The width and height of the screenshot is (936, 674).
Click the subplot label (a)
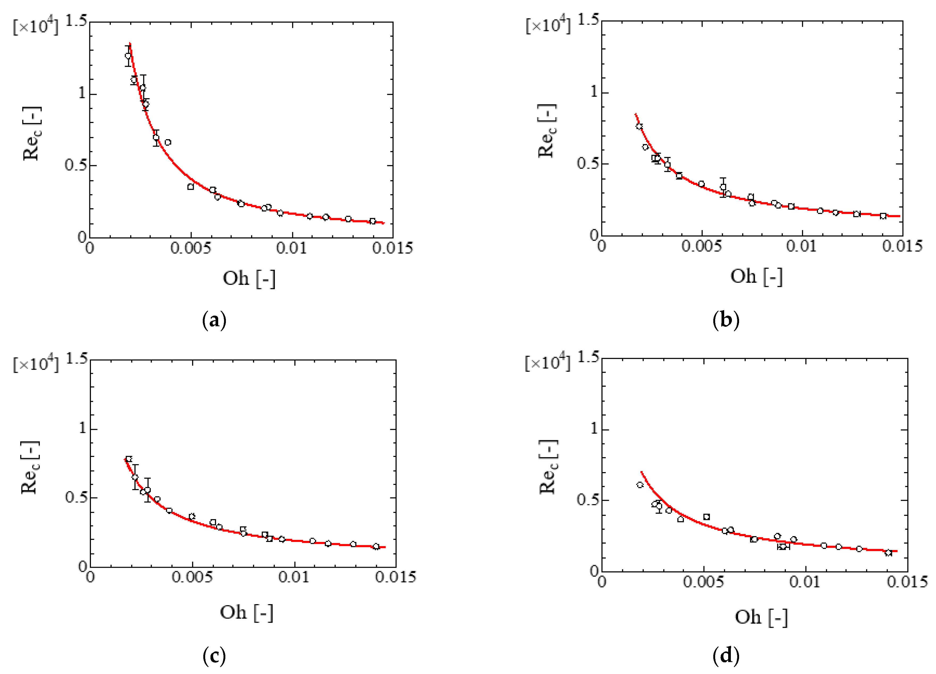click(x=214, y=320)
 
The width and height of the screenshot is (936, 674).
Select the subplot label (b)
click(x=726, y=320)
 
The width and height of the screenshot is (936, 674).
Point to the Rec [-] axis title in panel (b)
click(x=547, y=131)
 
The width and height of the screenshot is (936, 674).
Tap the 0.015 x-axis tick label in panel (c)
click(x=395, y=577)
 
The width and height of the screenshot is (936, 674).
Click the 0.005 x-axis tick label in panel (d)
click(x=703, y=582)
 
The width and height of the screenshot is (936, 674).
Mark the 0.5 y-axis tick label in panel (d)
click(x=588, y=500)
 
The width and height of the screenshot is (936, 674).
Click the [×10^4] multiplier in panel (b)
click(x=548, y=26)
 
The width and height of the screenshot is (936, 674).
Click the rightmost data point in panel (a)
click(x=372, y=221)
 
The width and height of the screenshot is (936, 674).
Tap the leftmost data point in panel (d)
click(x=640, y=485)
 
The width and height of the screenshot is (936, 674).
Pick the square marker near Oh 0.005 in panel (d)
click(x=707, y=517)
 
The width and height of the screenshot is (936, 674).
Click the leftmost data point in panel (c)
click(x=129, y=459)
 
